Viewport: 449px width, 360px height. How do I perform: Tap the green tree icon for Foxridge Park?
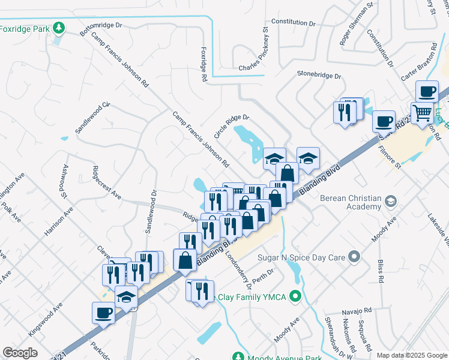pyautogui.click(x=58, y=28)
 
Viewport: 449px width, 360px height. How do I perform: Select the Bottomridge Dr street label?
pyautogui.click(x=101, y=26)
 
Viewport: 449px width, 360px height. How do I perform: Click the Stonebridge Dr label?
pyautogui.click(x=319, y=76)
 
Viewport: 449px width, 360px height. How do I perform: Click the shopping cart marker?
pyautogui.click(x=423, y=112)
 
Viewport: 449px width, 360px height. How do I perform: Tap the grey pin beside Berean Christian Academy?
pyautogui.click(x=391, y=200)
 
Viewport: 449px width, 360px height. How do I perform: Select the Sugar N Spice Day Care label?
pyautogui.click(x=301, y=257)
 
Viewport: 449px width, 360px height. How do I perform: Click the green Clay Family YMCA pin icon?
pyautogui.click(x=295, y=296)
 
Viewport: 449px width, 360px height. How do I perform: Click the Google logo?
pyautogui.click(x=20, y=353)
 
